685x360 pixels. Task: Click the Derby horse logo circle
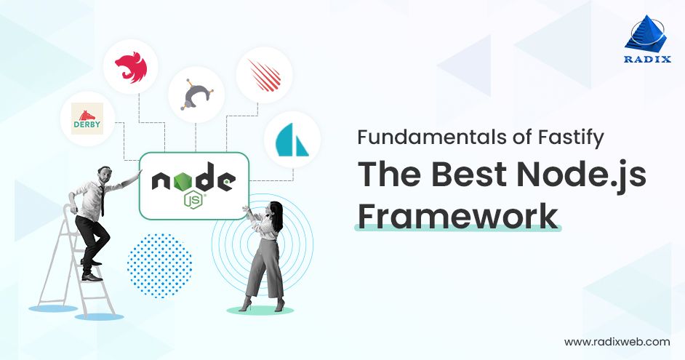click(x=87, y=119)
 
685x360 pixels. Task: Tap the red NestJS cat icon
click(x=131, y=68)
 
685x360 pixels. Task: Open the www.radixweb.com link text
click(x=617, y=341)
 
